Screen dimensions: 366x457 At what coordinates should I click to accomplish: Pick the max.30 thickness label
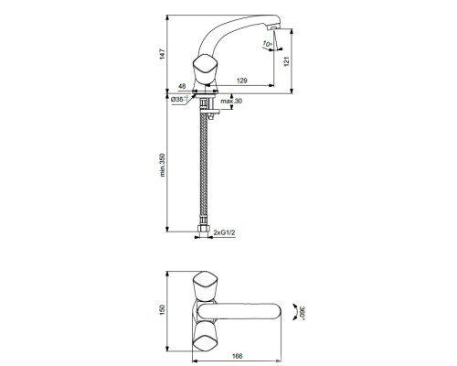[x=232, y=100]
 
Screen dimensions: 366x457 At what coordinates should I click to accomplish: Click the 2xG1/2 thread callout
[x=224, y=234]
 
